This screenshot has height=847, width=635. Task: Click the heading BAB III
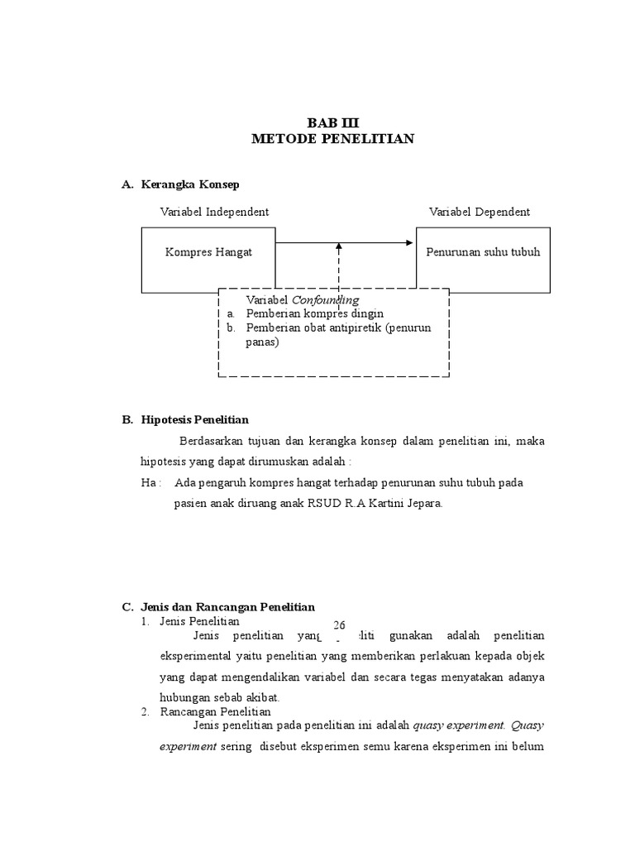tap(333, 122)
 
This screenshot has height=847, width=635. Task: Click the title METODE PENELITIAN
tap(333, 139)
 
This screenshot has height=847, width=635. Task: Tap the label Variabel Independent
tap(214, 212)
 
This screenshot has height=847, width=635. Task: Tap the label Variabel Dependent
tap(480, 212)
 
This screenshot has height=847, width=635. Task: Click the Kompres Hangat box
tap(208, 252)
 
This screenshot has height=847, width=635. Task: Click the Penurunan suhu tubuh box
tap(483, 252)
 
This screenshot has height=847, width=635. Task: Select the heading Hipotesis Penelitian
tap(195, 420)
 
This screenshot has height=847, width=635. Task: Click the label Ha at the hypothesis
tap(149, 482)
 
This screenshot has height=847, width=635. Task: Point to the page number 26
tap(339, 624)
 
